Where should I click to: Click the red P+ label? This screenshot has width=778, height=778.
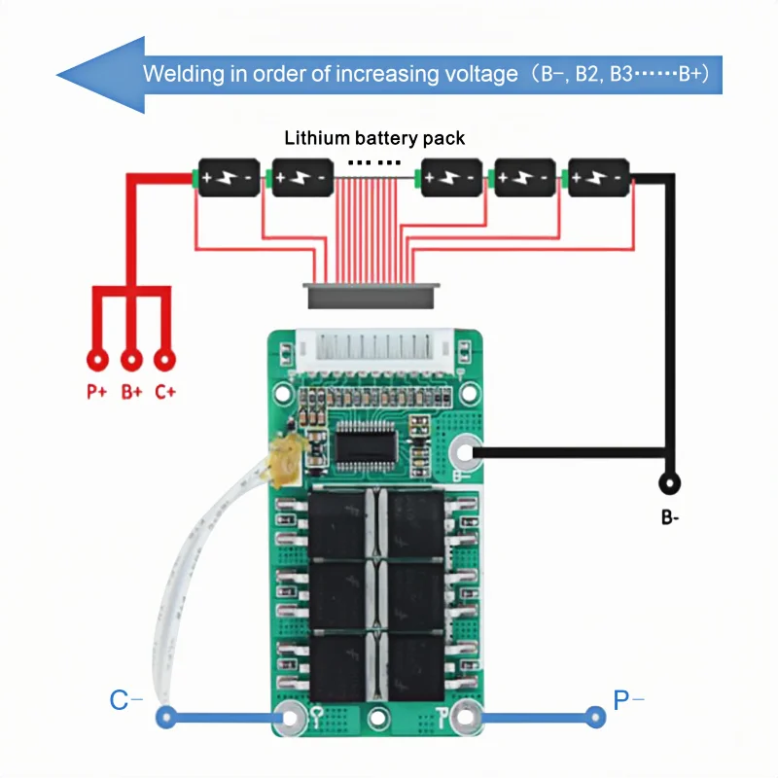click(x=96, y=392)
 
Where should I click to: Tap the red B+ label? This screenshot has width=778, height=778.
click(x=131, y=392)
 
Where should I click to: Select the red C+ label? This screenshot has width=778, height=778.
click(x=165, y=392)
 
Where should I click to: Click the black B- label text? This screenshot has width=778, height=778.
click(x=670, y=517)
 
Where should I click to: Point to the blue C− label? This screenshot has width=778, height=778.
click(x=125, y=700)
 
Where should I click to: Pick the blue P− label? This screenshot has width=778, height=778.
click(x=628, y=700)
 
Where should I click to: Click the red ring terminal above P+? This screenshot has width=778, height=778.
click(x=98, y=360)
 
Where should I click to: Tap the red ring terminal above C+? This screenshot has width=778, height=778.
click(x=164, y=360)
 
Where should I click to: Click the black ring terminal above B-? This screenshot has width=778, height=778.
click(x=669, y=482)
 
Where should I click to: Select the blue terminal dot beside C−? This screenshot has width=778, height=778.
click(x=166, y=717)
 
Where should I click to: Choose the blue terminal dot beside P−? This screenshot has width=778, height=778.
click(x=595, y=717)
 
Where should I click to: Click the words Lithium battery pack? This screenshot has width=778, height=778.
click(x=374, y=138)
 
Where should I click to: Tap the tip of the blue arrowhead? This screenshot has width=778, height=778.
click(x=56, y=76)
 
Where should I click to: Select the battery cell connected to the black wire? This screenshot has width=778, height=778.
click(x=598, y=177)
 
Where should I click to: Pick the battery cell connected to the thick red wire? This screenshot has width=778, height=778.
click(x=228, y=177)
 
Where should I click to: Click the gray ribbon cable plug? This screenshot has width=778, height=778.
click(x=371, y=296)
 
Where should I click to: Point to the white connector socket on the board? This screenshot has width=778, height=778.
click(x=374, y=350)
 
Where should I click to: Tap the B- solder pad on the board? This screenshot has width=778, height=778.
click(x=466, y=452)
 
